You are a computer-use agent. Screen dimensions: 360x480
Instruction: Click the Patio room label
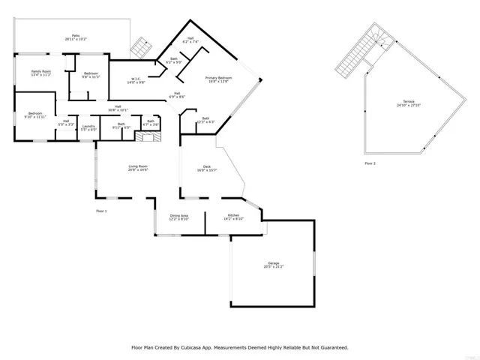click(x=76, y=34)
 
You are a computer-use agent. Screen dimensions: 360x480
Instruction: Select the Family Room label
click(x=40, y=71)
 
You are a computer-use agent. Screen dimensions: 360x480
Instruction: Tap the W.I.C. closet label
click(x=136, y=79)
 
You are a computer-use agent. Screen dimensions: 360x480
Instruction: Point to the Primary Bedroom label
click(x=219, y=77)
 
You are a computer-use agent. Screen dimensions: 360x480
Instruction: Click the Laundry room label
click(x=88, y=126)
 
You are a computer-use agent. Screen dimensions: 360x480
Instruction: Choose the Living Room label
click(x=137, y=166)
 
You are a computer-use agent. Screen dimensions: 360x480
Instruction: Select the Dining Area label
click(x=178, y=215)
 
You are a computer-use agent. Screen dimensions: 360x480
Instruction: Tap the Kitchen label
click(x=233, y=215)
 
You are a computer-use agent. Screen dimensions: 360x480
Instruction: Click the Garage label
click(x=274, y=263)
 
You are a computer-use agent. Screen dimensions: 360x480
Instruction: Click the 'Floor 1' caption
click(x=101, y=211)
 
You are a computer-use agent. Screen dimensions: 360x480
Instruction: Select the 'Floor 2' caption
click(x=370, y=163)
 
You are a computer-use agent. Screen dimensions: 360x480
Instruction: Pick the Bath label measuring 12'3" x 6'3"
click(x=205, y=118)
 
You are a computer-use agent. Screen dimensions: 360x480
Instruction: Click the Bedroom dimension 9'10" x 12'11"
click(x=34, y=117)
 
